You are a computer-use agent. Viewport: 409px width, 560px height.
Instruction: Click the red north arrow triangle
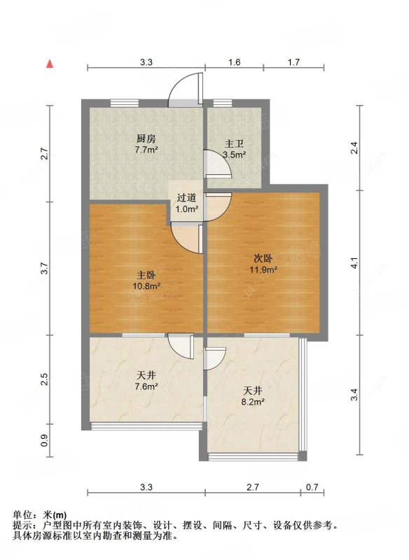(50, 64)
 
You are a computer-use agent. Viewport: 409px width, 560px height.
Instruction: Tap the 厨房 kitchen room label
(146, 139)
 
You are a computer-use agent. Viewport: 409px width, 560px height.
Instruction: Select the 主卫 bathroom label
(234, 144)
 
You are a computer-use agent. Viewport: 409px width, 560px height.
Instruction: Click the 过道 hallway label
(186, 198)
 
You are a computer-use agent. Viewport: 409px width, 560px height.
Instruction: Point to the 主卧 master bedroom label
(146, 275)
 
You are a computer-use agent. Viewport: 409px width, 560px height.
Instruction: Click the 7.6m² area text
(146, 386)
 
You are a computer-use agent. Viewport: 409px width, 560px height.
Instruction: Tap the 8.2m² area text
(253, 402)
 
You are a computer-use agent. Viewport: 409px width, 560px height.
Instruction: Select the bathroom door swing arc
(218, 164)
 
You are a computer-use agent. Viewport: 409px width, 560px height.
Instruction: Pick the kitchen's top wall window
(124, 103)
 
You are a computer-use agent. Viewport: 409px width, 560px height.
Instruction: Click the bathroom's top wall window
(223, 103)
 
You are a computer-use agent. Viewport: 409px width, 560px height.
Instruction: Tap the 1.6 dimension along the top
(235, 62)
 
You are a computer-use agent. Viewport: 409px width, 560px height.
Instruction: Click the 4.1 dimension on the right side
(354, 262)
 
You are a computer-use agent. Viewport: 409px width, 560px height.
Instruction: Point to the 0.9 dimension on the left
(44, 440)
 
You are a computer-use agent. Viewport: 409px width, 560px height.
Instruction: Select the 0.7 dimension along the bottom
(312, 487)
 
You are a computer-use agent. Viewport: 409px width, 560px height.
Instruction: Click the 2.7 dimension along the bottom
(253, 487)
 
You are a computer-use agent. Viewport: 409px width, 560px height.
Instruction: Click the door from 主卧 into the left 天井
(181, 346)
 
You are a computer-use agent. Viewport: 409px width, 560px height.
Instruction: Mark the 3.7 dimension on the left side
(44, 269)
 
